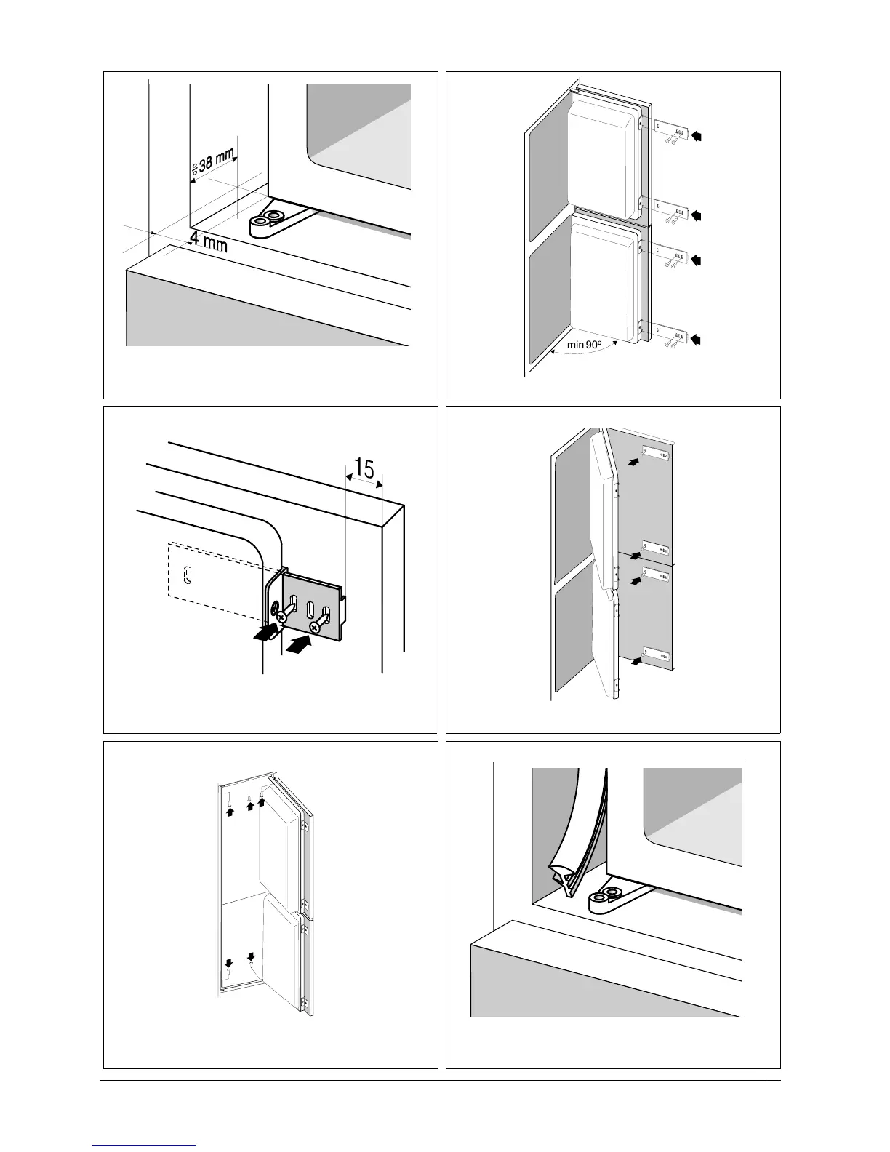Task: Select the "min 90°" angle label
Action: point(585,345)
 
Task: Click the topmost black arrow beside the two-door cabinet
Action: point(699,135)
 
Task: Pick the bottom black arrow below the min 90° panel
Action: point(699,339)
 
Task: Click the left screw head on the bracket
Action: point(281,617)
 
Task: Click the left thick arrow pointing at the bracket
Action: point(266,634)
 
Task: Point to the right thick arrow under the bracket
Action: point(300,644)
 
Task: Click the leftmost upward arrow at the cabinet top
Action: point(230,812)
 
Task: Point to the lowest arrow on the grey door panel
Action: point(637,662)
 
